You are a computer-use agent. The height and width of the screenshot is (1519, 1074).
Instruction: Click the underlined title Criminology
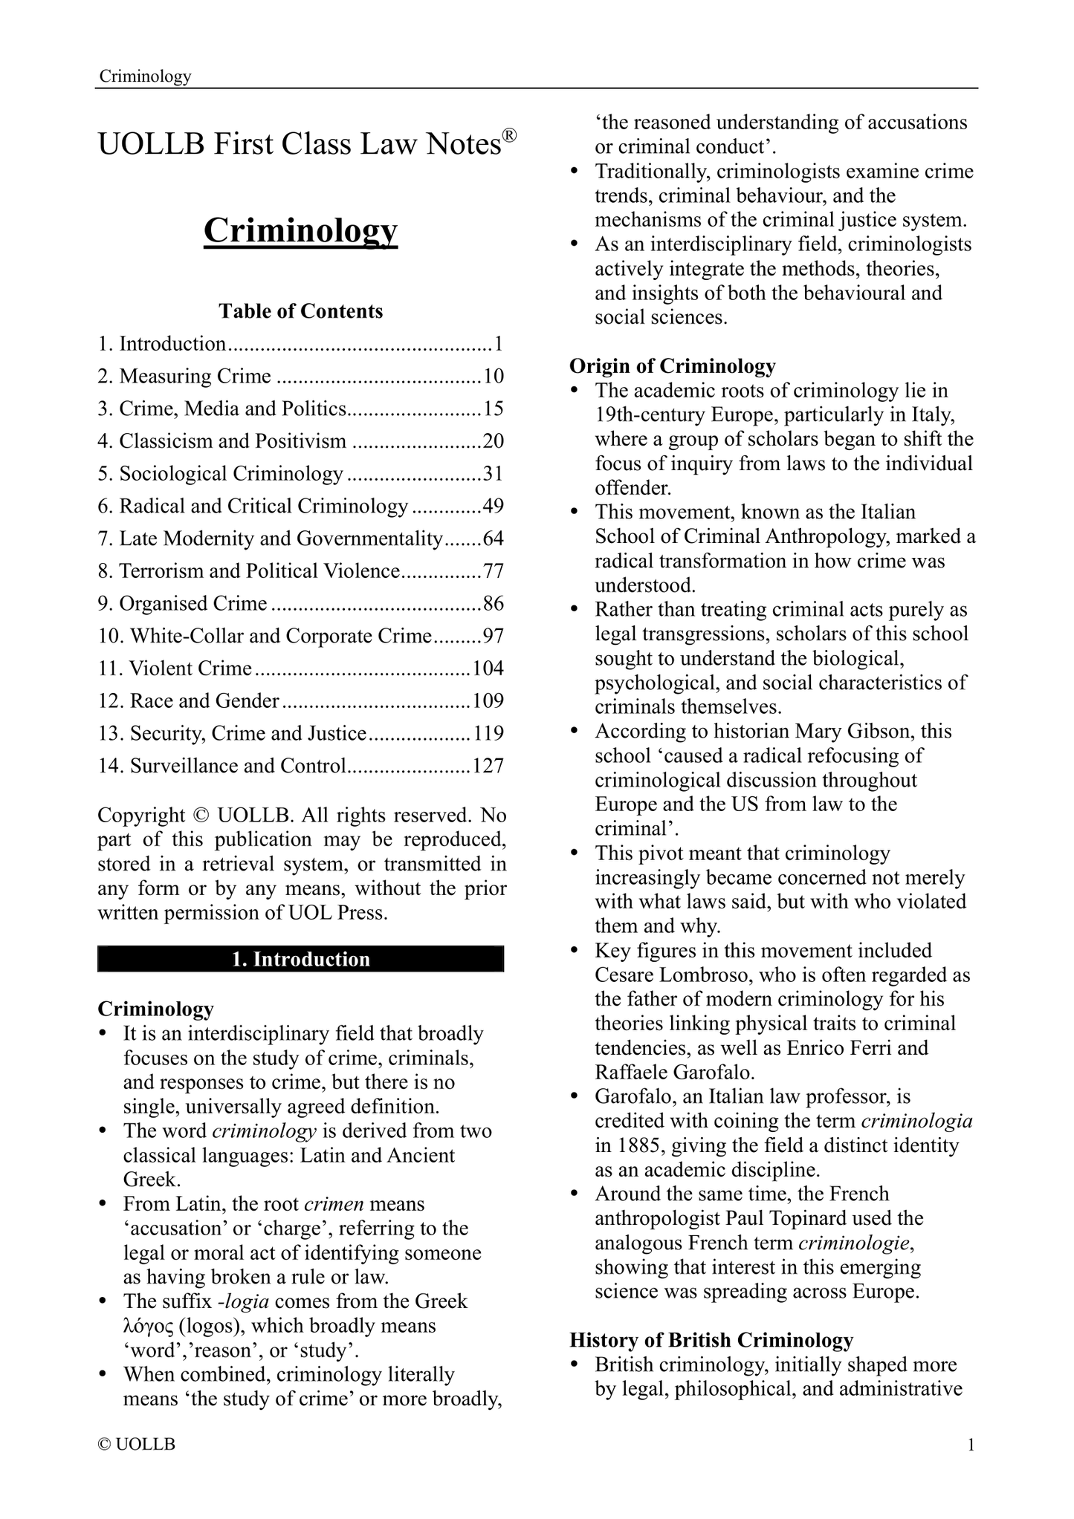click(x=300, y=231)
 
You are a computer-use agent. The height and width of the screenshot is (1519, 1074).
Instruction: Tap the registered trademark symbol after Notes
click(x=508, y=134)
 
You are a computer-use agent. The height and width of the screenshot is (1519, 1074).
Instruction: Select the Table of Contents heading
click(x=300, y=310)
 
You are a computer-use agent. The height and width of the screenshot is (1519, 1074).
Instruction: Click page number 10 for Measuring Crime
click(x=494, y=377)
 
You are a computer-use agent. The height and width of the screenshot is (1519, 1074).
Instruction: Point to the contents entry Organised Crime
click(x=193, y=604)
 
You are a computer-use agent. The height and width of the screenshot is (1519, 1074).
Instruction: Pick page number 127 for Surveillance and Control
click(x=488, y=766)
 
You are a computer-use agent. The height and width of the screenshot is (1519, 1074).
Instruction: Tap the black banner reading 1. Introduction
click(x=300, y=959)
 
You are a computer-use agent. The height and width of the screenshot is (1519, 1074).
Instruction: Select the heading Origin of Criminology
click(x=673, y=366)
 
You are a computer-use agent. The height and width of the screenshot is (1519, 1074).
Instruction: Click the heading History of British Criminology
click(x=711, y=1340)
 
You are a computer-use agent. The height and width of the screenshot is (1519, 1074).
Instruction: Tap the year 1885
click(x=637, y=1145)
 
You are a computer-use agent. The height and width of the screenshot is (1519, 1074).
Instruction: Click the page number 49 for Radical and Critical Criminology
click(x=494, y=507)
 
